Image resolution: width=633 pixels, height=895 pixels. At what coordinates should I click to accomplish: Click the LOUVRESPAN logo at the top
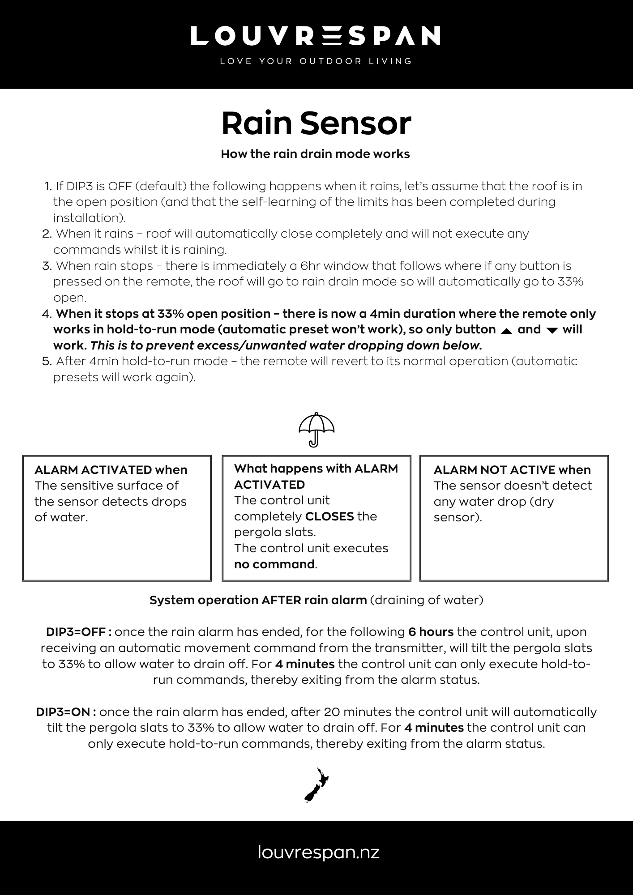pos(316,36)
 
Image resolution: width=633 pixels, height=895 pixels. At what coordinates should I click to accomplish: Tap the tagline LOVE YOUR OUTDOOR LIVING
pos(316,61)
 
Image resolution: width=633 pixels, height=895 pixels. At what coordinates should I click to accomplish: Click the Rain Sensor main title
pos(316,124)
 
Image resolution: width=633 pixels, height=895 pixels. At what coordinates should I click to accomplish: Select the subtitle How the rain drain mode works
pos(315,154)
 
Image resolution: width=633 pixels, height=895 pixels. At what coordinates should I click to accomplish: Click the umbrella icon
pos(316,429)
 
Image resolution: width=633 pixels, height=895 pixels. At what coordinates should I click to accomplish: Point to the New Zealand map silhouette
pos(316,785)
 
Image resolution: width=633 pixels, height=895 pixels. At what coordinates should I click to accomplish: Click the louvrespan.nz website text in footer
pos(319,852)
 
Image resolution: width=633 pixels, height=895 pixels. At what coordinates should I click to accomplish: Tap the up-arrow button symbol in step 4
pos(506,331)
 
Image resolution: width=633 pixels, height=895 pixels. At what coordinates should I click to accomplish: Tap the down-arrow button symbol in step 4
pos(552,331)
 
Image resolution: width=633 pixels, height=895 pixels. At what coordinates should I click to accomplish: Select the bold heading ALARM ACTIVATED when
pos(111,470)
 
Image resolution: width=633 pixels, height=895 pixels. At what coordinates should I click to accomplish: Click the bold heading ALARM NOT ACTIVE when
pos(512,470)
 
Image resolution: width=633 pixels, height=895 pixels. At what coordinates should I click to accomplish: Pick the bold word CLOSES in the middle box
pos(329,516)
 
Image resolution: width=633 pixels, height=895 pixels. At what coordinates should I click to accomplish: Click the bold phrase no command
pos(274,564)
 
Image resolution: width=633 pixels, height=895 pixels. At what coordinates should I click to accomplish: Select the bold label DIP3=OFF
pos(79,632)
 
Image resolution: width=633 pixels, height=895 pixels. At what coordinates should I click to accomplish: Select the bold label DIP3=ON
pos(66,712)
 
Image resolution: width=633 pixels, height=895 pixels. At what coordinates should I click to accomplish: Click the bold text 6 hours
pos(431,632)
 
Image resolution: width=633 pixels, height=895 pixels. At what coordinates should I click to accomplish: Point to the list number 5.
pos(47,362)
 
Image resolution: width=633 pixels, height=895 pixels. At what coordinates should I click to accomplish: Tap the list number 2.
pos(47,234)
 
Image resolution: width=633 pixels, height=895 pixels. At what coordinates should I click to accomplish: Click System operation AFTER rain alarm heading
pos(258,600)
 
